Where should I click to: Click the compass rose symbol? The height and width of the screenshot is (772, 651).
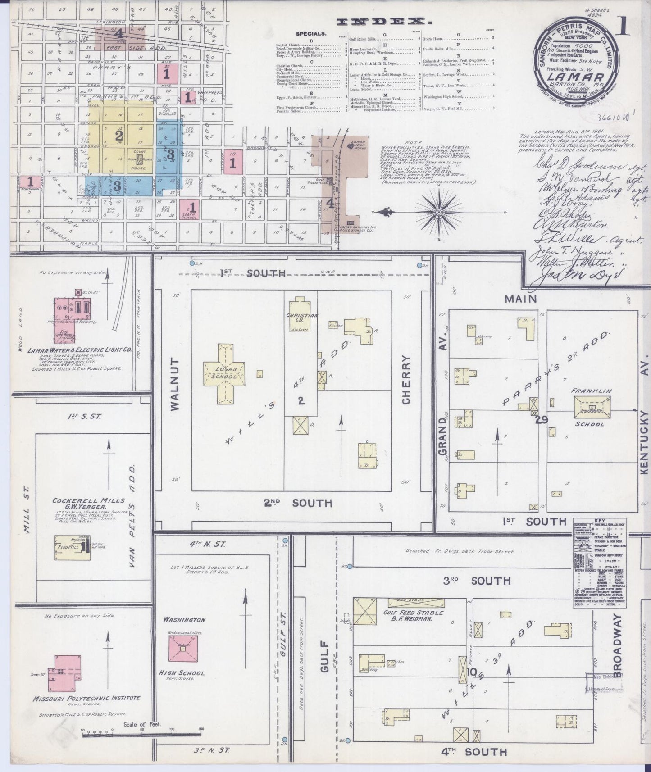[x=438, y=211]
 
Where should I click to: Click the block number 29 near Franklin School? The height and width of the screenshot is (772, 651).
[x=541, y=420]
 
